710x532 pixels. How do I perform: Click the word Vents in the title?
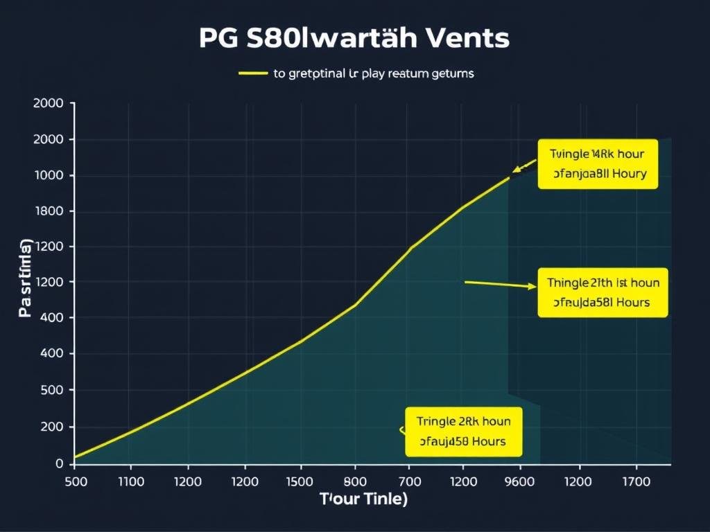[x=469, y=38]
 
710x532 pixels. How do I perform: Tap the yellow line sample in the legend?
[x=252, y=73]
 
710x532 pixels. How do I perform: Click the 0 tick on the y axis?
[x=60, y=463]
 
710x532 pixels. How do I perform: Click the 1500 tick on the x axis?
[x=300, y=481]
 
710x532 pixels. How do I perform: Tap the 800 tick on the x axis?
[x=356, y=481]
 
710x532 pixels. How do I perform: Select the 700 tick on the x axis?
[x=410, y=481]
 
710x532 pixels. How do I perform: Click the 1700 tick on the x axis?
[x=637, y=481]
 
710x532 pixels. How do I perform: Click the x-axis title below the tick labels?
[x=363, y=499]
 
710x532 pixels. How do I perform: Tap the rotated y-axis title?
[x=26, y=278]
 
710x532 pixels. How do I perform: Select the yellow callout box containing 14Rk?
[x=597, y=163]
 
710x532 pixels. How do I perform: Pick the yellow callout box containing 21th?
[x=603, y=292]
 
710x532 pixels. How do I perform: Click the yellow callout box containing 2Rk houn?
[x=462, y=431]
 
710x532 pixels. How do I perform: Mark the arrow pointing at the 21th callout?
[x=500, y=283]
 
